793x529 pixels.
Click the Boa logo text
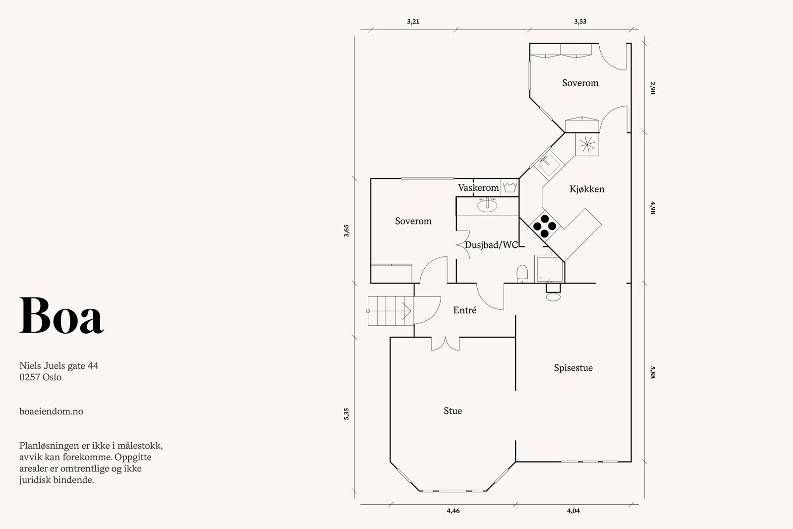click(x=61, y=315)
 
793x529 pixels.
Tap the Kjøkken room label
click(x=587, y=189)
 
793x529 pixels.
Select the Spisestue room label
click(x=573, y=368)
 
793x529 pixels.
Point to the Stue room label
click(x=453, y=411)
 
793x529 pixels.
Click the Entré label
click(x=464, y=310)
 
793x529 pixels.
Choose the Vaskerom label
click(x=478, y=188)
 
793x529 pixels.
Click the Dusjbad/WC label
click(x=491, y=245)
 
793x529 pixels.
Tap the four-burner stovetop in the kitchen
click(x=544, y=226)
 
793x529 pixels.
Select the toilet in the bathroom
click(x=522, y=274)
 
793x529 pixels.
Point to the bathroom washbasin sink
click(x=488, y=204)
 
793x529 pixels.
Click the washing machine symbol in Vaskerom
click(x=510, y=187)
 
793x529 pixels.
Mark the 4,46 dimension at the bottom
click(x=453, y=511)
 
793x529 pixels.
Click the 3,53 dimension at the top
click(x=580, y=22)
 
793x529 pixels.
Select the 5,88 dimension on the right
click(x=652, y=372)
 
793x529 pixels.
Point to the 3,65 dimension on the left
click(x=346, y=231)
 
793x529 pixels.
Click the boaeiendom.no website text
click(x=51, y=411)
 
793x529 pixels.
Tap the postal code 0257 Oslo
click(x=40, y=377)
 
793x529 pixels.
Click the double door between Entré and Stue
click(x=446, y=344)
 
